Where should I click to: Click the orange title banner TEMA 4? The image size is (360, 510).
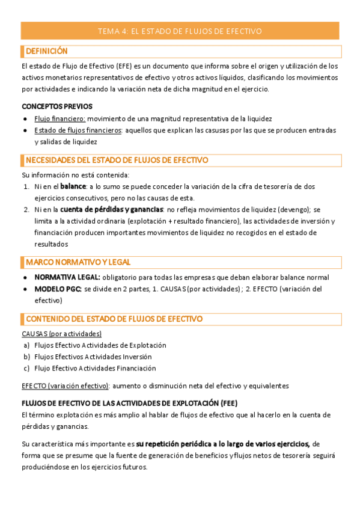tap(180, 31)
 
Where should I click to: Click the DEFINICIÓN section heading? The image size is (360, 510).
tap(46, 52)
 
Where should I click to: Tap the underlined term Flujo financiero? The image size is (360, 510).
tap(59, 118)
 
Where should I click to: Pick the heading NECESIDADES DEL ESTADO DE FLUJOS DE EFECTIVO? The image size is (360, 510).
tap(117, 161)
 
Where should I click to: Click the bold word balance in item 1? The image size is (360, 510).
tap(73, 186)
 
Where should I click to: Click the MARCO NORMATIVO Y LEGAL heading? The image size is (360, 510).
tap(78, 263)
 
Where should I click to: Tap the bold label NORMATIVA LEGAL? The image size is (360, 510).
tap(67, 277)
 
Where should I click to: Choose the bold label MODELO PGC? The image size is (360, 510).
tap(58, 289)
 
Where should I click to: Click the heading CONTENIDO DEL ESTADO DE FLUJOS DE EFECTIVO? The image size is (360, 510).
tap(114, 319)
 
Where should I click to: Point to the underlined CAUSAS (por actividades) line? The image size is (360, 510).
tap(61, 333)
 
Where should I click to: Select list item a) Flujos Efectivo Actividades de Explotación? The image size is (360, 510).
tap(100, 345)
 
